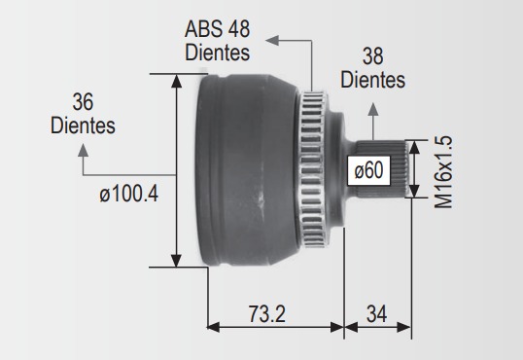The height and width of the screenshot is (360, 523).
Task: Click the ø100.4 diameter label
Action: [128, 194]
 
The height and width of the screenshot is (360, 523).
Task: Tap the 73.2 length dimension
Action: [267, 314]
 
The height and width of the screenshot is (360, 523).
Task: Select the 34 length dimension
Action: [376, 314]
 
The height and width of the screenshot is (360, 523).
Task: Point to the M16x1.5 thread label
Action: [443, 171]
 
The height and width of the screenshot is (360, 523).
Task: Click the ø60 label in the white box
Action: [368, 170]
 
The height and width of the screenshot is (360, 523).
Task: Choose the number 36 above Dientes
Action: [83, 102]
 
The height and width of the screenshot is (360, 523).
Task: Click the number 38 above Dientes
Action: [373, 56]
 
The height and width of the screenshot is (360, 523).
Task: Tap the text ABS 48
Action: [217, 29]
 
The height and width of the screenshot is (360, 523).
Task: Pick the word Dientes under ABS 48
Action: [217, 53]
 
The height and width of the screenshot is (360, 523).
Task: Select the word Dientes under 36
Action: [83, 126]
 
